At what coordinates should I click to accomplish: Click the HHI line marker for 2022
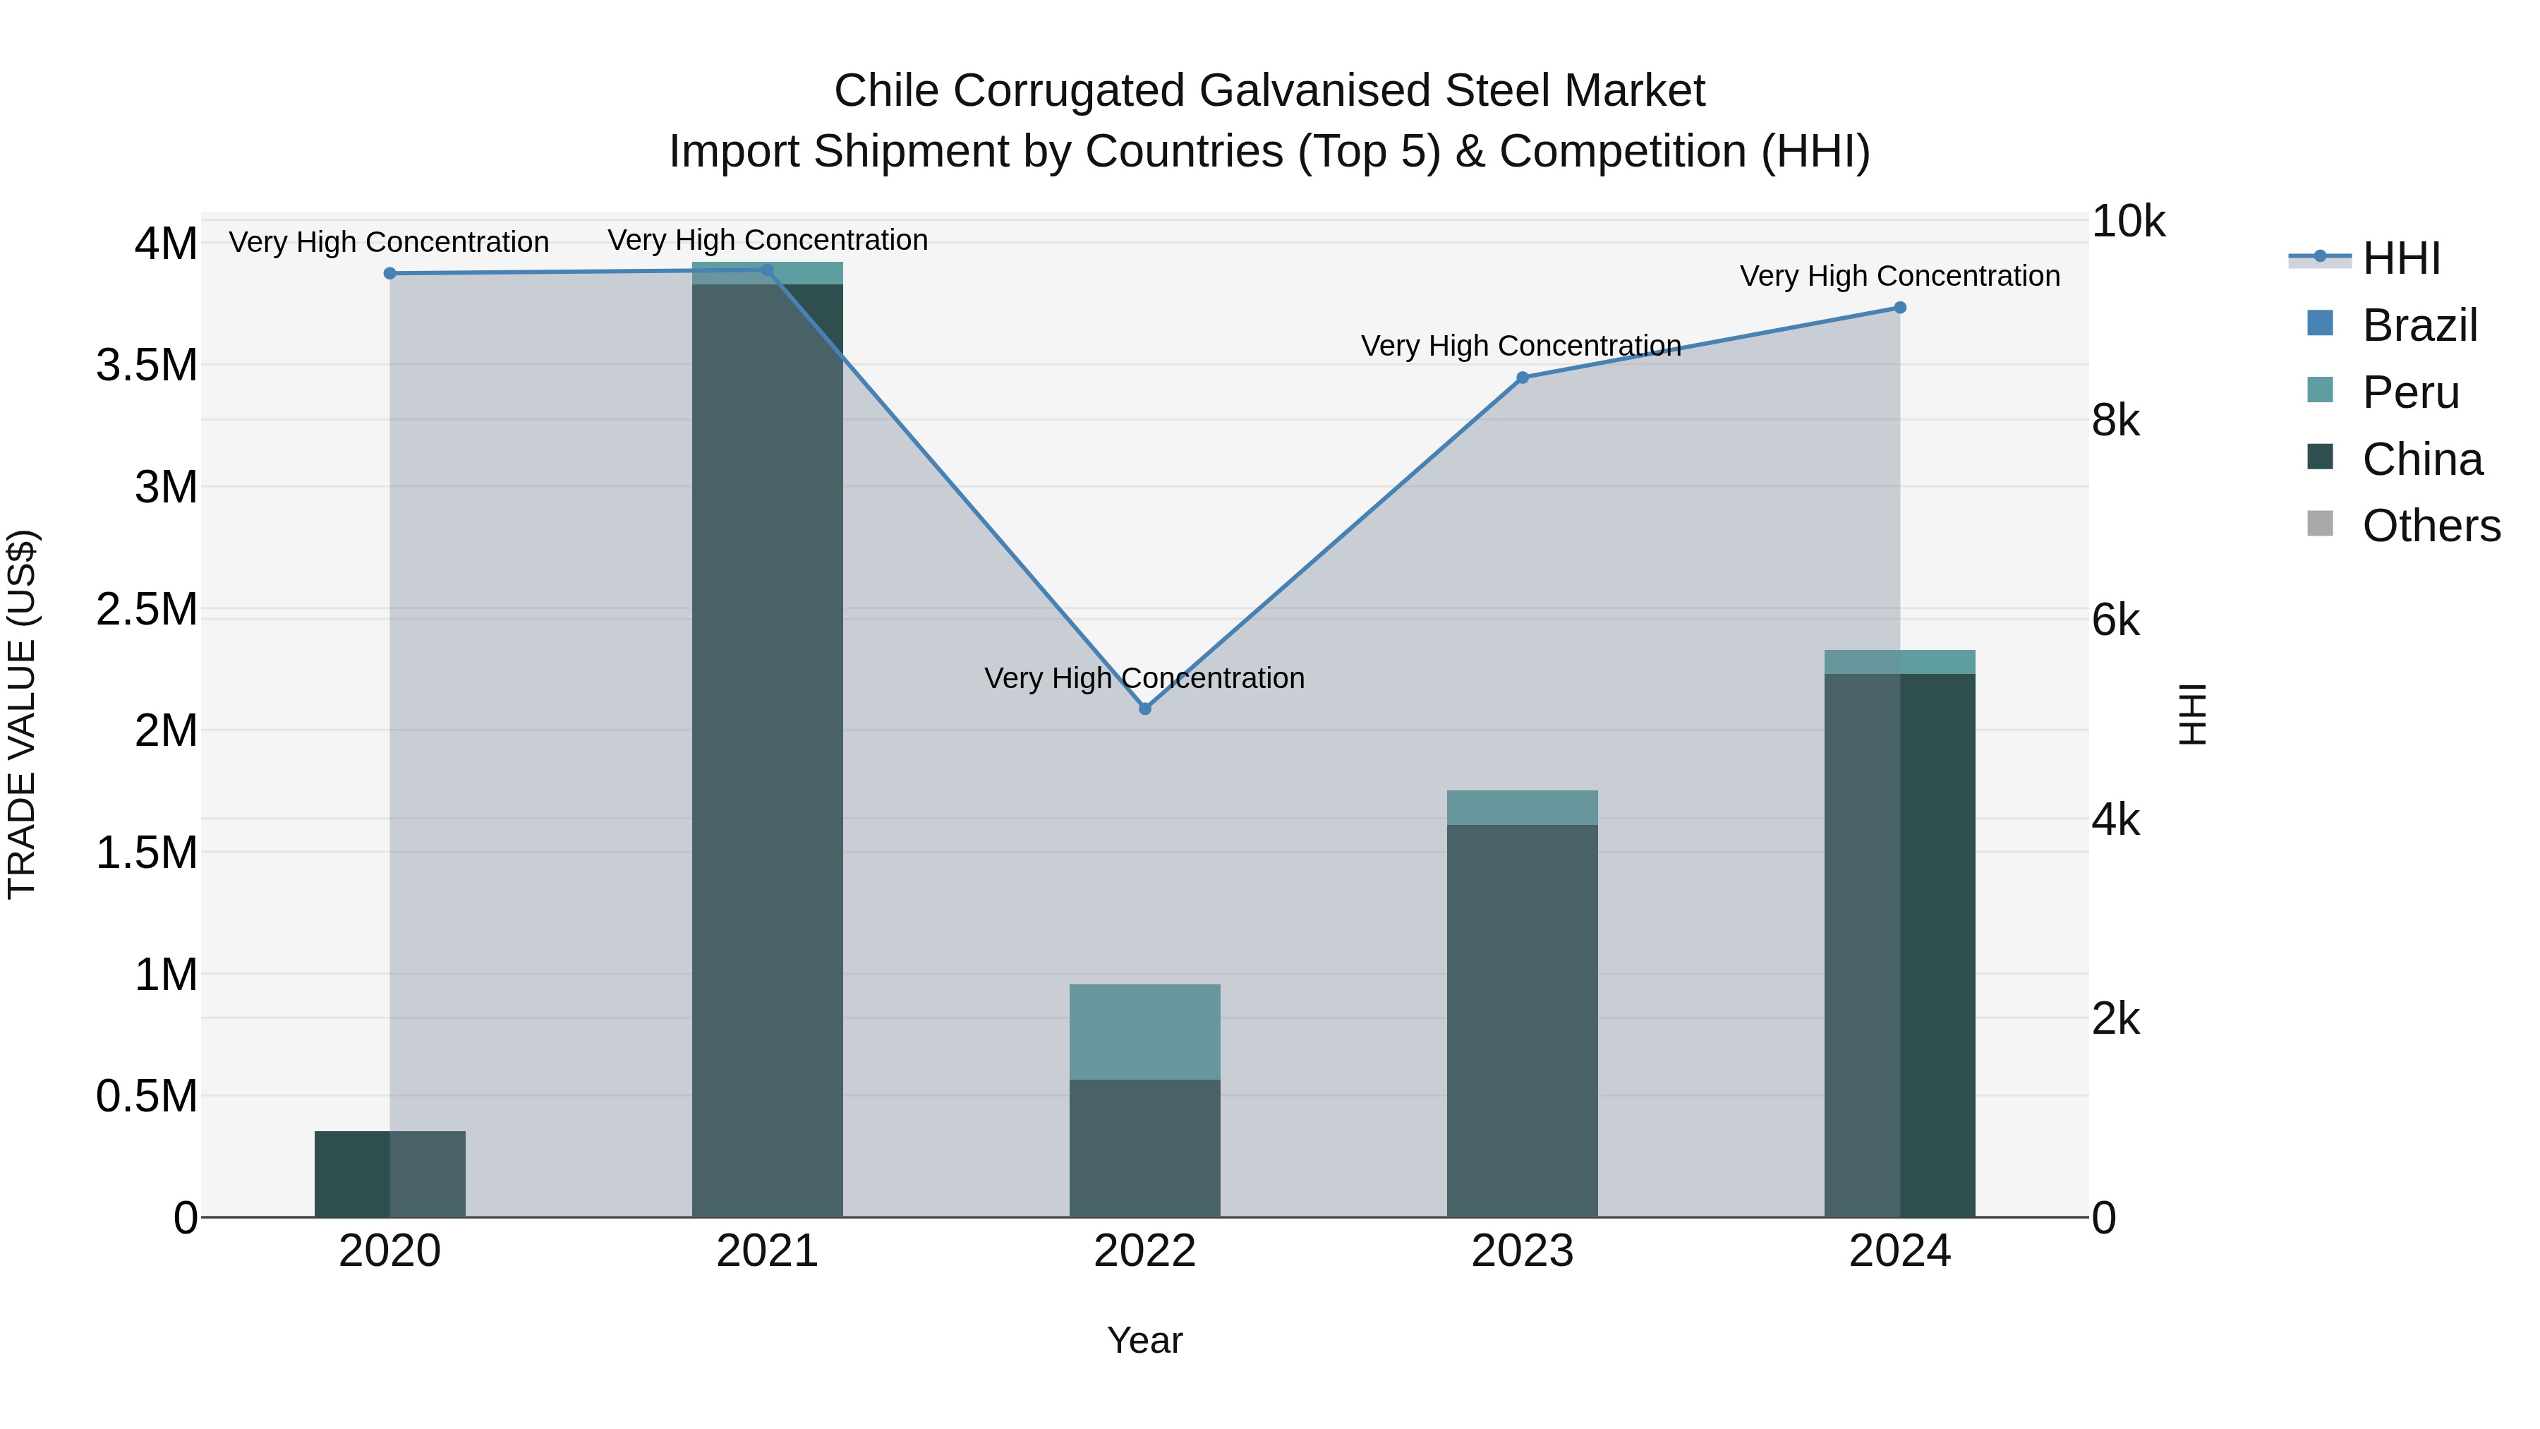click(x=1145, y=709)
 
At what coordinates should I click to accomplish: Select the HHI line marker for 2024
click(x=1900, y=308)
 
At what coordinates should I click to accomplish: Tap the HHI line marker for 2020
click(x=389, y=273)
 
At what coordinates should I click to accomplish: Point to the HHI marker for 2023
click(x=1523, y=378)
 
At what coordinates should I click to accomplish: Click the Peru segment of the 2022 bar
click(x=1145, y=1032)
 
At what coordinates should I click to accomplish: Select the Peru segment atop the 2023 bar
click(x=1523, y=808)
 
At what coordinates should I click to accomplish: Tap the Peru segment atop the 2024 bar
click(x=1900, y=662)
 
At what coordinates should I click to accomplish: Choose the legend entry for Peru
click(x=2410, y=392)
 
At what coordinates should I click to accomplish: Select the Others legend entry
click(x=2431, y=526)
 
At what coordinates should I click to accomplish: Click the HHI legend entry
click(x=2401, y=258)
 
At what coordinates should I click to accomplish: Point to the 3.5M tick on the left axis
click(x=147, y=366)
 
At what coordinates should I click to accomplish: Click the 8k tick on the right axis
click(x=2116, y=421)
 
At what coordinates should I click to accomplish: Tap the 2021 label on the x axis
click(x=767, y=1251)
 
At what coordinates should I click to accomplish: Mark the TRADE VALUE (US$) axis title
click(x=22, y=714)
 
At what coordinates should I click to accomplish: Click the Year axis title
click(x=1145, y=1340)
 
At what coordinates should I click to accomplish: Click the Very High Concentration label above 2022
click(x=1145, y=678)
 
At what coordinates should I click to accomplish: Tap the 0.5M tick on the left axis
click(x=147, y=1097)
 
